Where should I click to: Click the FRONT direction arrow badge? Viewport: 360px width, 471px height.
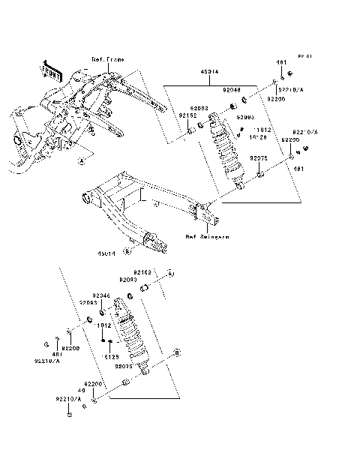[x=53, y=71]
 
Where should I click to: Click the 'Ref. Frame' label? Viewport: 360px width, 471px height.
[x=107, y=58]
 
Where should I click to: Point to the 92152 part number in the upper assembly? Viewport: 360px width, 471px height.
[x=187, y=116]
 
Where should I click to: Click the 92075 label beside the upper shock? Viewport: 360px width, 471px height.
[x=259, y=158]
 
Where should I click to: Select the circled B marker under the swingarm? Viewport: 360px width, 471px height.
[x=127, y=252]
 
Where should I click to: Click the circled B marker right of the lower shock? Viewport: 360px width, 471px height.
[x=177, y=351]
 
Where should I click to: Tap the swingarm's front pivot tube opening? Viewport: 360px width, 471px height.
[x=87, y=199]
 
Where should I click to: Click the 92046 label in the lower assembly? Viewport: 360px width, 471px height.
[x=101, y=295]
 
